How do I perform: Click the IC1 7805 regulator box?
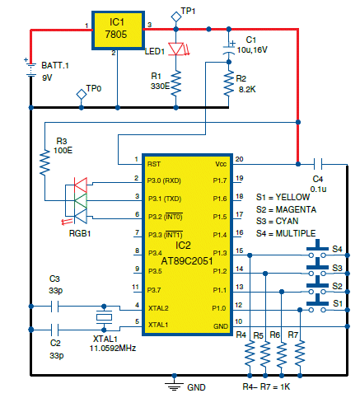118,30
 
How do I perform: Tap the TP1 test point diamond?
176,16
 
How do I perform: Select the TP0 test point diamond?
82,95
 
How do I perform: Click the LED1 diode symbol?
176,49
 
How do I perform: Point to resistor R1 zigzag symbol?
176,83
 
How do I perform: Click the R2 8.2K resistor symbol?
229,83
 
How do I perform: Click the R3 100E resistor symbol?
44,162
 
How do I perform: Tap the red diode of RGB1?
81,185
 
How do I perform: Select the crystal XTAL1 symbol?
104,317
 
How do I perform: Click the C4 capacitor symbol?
318,165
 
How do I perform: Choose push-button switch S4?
317,250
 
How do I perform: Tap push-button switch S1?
317,304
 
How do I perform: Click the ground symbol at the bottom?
174,386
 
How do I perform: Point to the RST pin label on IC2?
154,164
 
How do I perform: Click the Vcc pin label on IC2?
221,164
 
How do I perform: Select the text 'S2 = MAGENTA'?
286,209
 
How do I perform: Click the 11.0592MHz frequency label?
113,349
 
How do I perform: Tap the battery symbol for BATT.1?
30,69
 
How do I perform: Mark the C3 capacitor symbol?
55,306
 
